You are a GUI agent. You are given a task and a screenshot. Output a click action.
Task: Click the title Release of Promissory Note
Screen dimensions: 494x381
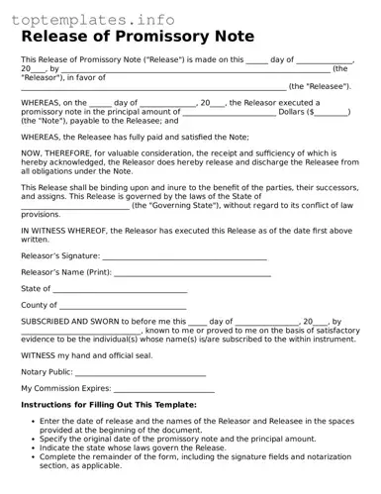pyautogui.click(x=138, y=37)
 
